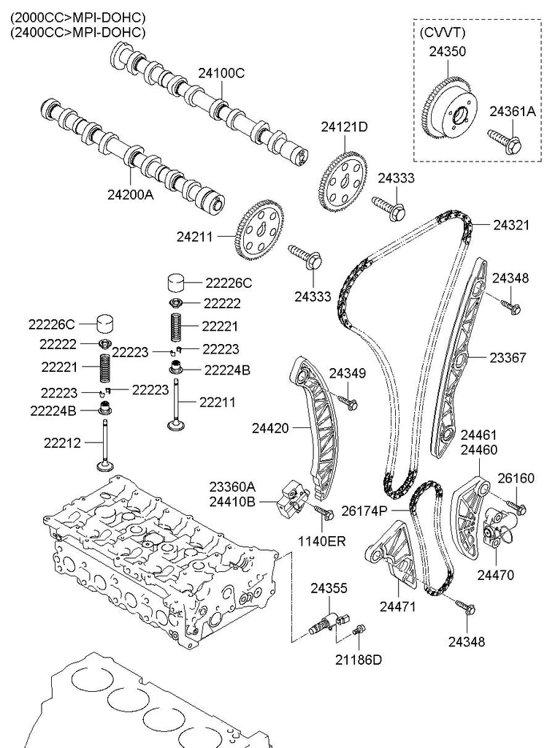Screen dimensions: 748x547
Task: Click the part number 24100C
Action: point(221,73)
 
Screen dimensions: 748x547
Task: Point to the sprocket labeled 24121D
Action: point(342,180)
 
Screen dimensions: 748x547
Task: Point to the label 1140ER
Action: point(322,541)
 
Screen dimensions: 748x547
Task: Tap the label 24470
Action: point(496,575)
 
